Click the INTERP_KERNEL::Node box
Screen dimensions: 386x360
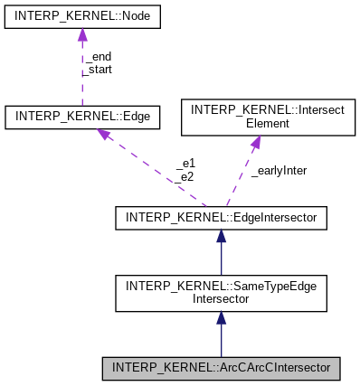82,17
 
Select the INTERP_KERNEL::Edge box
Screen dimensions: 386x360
82,117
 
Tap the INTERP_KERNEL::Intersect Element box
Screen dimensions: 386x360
257,116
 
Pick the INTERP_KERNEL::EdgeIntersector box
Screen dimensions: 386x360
221,217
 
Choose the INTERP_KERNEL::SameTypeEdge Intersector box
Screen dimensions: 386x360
221,293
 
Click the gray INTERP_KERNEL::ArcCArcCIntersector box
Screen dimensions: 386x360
221,369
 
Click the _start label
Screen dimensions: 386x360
98,68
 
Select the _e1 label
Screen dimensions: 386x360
185,164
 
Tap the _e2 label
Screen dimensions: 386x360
185,175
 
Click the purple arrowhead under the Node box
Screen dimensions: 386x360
82,35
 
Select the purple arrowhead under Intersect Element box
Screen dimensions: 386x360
255,141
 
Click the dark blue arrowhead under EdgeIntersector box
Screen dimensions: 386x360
221,236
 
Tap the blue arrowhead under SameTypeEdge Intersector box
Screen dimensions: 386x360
221,318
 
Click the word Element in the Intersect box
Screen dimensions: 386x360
257,123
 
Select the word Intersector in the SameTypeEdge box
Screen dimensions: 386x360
221,299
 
